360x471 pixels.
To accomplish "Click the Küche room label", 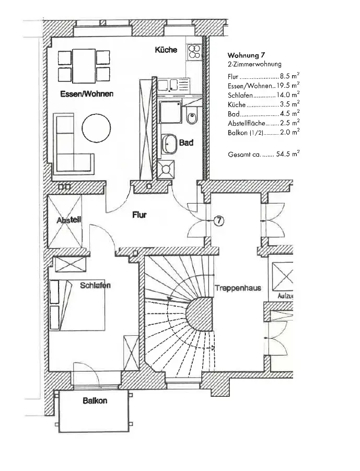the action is (x=166, y=50).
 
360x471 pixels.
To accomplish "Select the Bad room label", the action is (x=186, y=142).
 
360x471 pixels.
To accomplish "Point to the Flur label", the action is (x=139, y=215).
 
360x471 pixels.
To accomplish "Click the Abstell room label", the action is (x=68, y=220).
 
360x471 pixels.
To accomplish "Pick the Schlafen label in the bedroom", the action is (x=95, y=286).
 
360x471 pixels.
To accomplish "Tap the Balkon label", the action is (x=95, y=401).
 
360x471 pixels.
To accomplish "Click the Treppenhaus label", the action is (x=238, y=288).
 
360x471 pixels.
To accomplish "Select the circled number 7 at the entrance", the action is (x=218, y=221).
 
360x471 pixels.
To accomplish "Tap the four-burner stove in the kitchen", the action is (x=195, y=51).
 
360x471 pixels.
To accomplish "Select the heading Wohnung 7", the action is (x=249, y=55).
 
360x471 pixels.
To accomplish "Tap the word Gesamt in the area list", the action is (x=239, y=155).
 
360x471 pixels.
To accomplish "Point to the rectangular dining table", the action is (x=84, y=66).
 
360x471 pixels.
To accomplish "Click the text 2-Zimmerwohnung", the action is (x=254, y=64).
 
